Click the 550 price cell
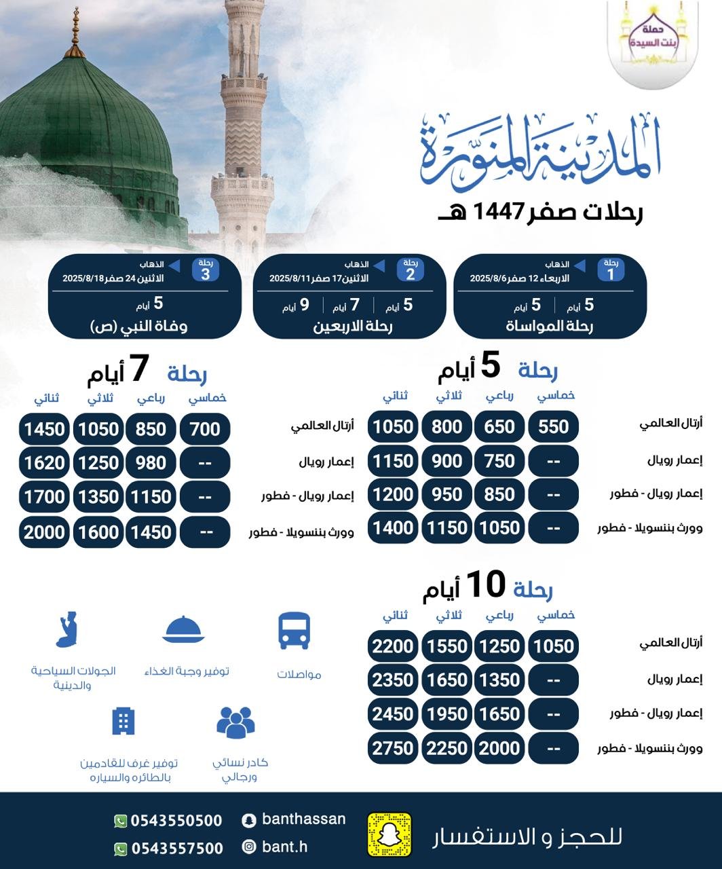[553, 426]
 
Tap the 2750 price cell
[393, 747]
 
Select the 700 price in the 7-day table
[205, 429]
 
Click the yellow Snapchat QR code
[389, 834]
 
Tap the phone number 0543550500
[176, 821]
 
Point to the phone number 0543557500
[176, 848]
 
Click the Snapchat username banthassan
[303, 819]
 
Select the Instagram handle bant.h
[284, 847]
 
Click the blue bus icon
[294, 631]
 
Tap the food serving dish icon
[183, 629]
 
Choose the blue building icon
[123, 721]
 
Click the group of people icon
[235, 722]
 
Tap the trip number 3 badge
[206, 270]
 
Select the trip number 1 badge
[611, 270]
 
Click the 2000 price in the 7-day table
[44, 532]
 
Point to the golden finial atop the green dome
[75, 34]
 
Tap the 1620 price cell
[44, 463]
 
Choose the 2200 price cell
[393, 646]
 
